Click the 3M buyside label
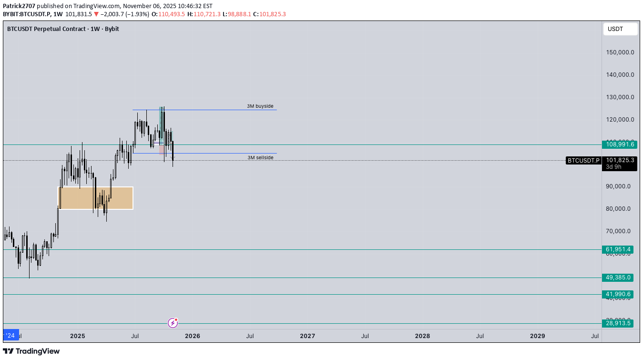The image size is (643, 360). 260,106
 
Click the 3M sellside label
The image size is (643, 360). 260,157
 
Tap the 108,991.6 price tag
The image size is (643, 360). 619,144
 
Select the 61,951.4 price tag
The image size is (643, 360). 619,249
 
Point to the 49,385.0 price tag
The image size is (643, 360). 619,278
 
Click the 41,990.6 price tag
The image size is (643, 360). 619,294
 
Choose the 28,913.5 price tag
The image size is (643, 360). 619,323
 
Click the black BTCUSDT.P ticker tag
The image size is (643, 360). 583,161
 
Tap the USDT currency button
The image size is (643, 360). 620,29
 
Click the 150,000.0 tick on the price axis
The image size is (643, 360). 620,52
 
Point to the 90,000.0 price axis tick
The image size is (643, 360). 620,186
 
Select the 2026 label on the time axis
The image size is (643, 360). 193,336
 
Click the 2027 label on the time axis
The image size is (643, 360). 307,336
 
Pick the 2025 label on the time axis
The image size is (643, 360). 77,336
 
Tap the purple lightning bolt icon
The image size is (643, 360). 173,323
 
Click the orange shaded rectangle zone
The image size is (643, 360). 95,198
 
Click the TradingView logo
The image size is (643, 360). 31,351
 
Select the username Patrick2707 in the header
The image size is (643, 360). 19,6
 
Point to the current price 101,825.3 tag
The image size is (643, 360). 620,160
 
